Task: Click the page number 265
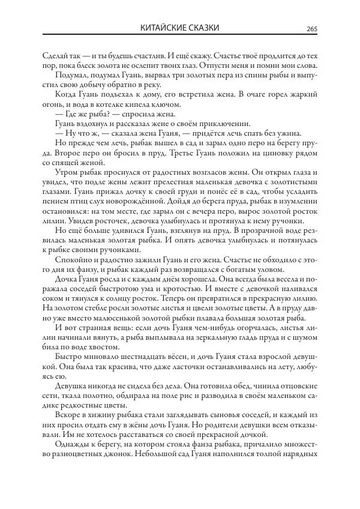pos(311,28)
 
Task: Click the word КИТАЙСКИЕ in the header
pos(166,28)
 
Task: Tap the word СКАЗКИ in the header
pos(204,28)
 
